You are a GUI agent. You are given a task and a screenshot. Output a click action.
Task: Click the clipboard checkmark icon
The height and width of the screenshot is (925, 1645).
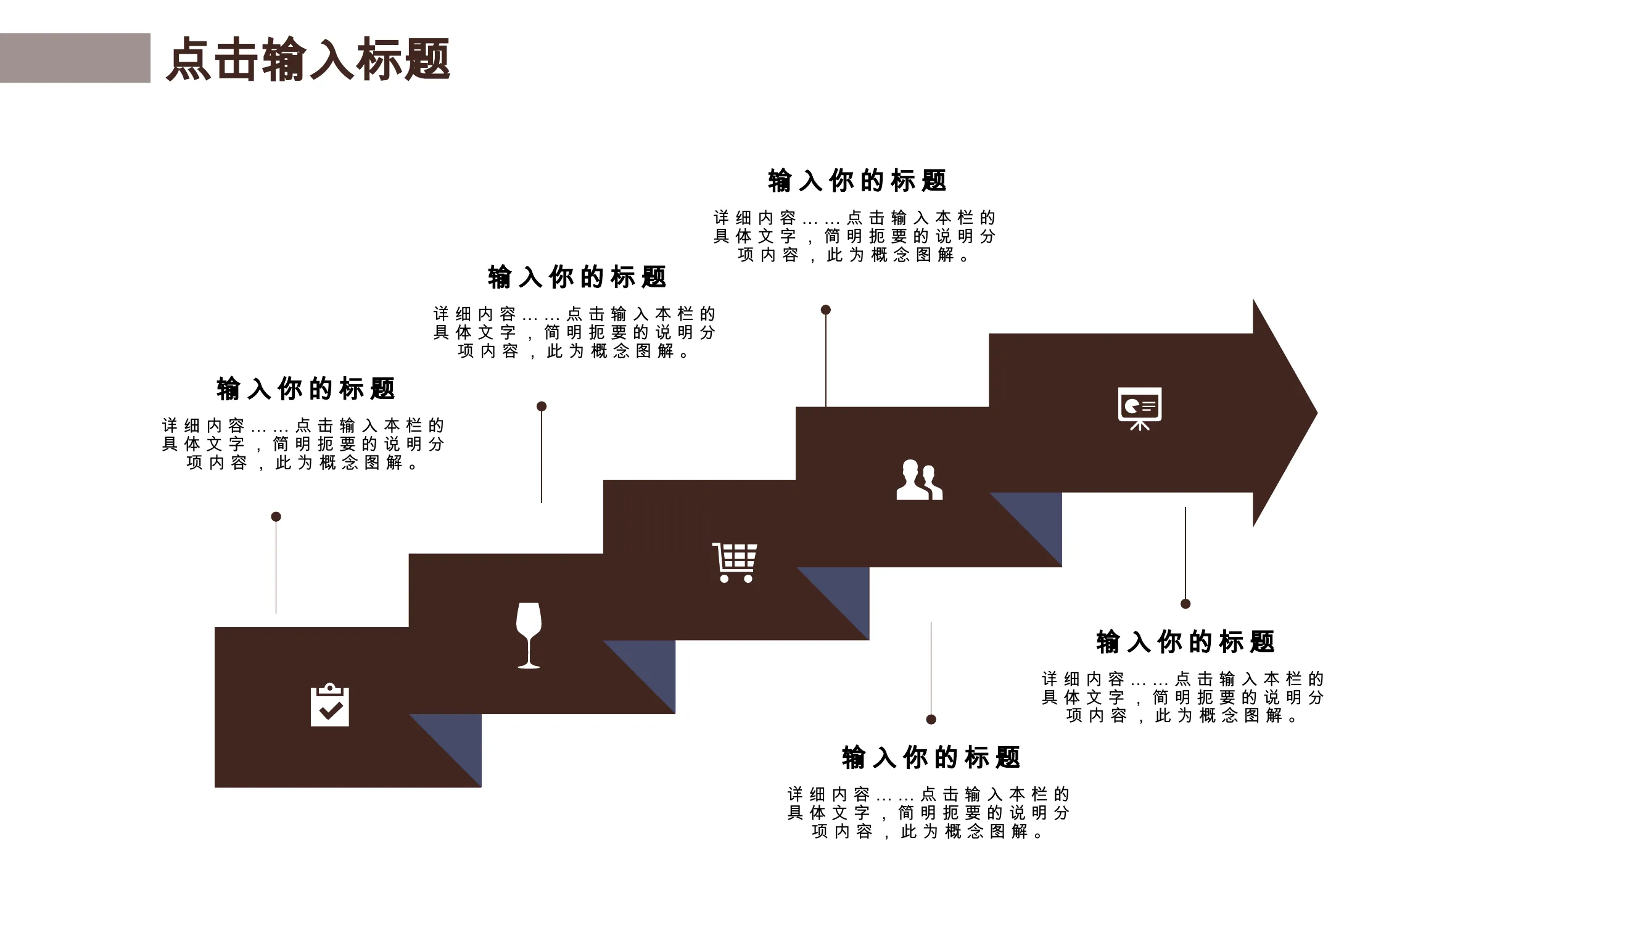(x=329, y=705)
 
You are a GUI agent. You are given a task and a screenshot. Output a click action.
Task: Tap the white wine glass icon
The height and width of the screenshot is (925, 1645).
(x=529, y=636)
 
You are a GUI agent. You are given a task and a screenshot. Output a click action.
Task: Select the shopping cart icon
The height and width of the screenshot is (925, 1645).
(x=735, y=562)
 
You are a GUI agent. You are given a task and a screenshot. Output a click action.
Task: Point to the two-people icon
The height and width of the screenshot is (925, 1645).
(x=919, y=480)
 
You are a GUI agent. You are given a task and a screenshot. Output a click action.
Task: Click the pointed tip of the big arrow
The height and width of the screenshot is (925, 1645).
(x=1317, y=413)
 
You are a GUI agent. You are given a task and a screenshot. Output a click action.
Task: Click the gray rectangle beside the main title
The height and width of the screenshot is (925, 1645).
(x=75, y=58)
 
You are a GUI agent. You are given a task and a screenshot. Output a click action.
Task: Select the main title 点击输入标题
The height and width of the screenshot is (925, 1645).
(x=308, y=59)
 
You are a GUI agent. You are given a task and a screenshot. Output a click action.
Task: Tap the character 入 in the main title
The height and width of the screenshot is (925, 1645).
(x=332, y=59)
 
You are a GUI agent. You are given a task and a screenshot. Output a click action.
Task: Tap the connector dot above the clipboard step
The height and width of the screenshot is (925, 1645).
(x=276, y=516)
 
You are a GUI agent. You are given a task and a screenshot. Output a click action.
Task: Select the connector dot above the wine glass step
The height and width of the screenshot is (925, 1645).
(x=542, y=406)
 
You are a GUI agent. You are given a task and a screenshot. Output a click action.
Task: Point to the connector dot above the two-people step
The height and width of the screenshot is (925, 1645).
(x=826, y=310)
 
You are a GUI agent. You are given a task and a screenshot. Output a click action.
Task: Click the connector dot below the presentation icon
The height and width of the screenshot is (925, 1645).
(x=1185, y=604)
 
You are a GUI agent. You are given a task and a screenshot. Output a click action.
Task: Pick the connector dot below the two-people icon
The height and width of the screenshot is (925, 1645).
(x=931, y=720)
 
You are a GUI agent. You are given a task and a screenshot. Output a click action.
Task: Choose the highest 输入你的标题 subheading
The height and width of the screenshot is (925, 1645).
(x=857, y=181)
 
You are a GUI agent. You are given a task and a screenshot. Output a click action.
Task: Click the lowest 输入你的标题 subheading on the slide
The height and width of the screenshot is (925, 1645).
(x=931, y=758)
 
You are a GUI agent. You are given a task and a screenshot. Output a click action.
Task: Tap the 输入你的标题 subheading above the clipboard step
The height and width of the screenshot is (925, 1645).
(x=306, y=388)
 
